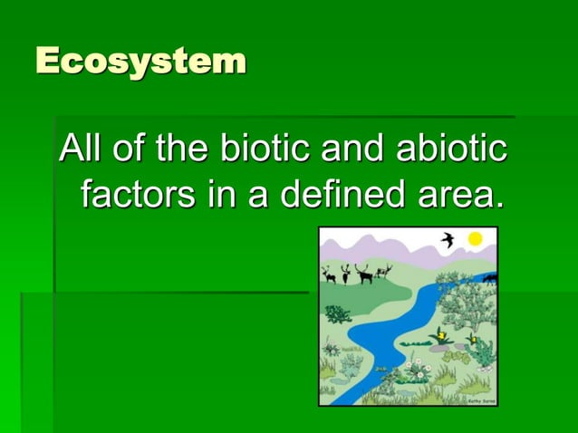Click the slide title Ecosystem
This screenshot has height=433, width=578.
coord(140,62)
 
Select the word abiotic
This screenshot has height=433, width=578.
coord(453,149)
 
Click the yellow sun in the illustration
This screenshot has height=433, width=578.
coord(475,239)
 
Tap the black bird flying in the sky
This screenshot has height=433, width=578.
coord(447,240)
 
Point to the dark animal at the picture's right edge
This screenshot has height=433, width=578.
coord(490,279)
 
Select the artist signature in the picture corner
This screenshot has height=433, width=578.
coord(480,399)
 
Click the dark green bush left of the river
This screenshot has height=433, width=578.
coord(338,313)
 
